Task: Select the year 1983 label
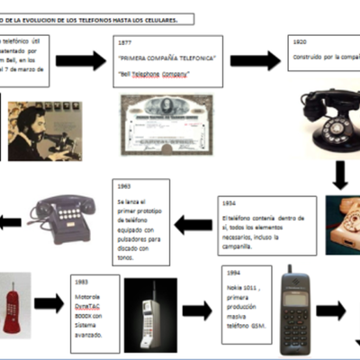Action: (x=83, y=281)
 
